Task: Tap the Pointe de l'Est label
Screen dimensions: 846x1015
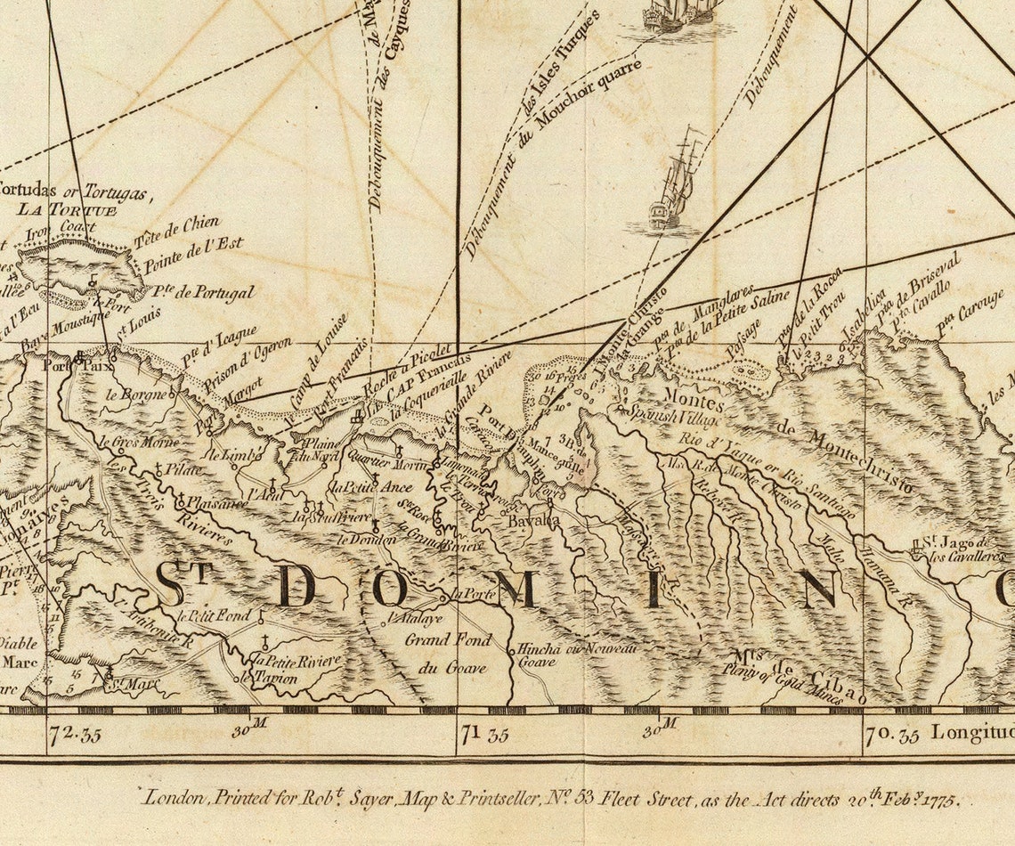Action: pos(193,250)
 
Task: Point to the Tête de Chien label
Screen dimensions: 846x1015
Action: pos(175,230)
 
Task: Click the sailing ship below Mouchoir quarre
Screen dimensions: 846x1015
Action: pos(676,187)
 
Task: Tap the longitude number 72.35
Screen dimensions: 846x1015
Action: pos(77,735)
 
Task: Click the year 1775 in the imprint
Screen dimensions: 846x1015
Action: pos(936,799)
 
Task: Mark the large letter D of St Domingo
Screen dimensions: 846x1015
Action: pos(294,586)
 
